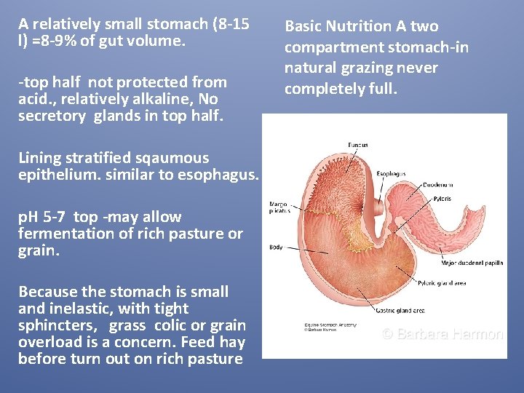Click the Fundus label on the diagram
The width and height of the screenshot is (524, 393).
click(x=357, y=146)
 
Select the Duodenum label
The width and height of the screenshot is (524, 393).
click(x=439, y=185)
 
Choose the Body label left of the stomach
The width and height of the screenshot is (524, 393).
click(x=277, y=247)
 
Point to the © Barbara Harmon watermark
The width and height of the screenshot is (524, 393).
click(x=442, y=335)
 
